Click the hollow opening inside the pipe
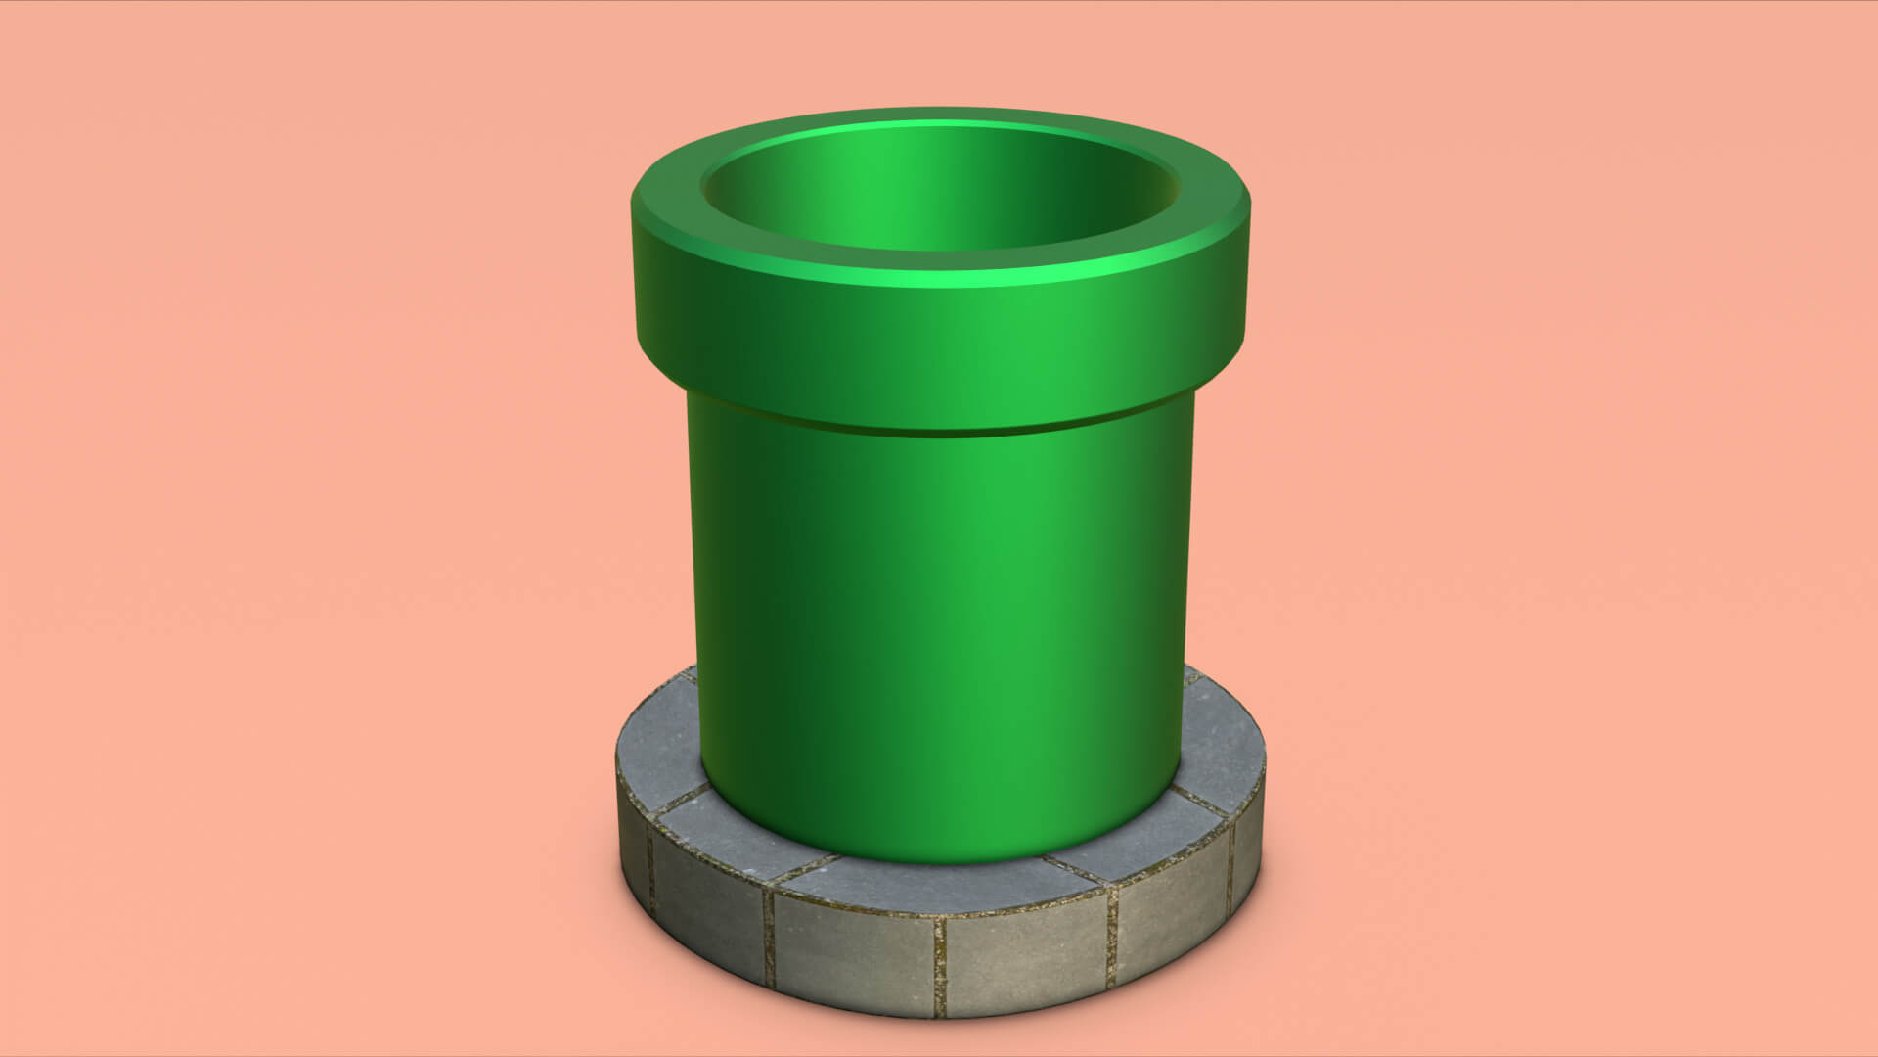[939, 191]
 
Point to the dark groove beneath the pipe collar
[939, 430]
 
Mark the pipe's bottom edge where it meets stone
[939, 859]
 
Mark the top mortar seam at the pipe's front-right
[1076, 869]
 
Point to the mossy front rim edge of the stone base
[939, 915]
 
